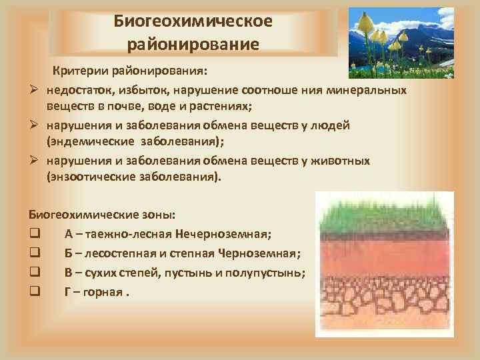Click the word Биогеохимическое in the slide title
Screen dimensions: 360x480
[193, 21]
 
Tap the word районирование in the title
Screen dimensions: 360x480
[193, 45]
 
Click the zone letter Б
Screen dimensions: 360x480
[69, 253]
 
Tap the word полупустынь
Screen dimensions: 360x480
[269, 273]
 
